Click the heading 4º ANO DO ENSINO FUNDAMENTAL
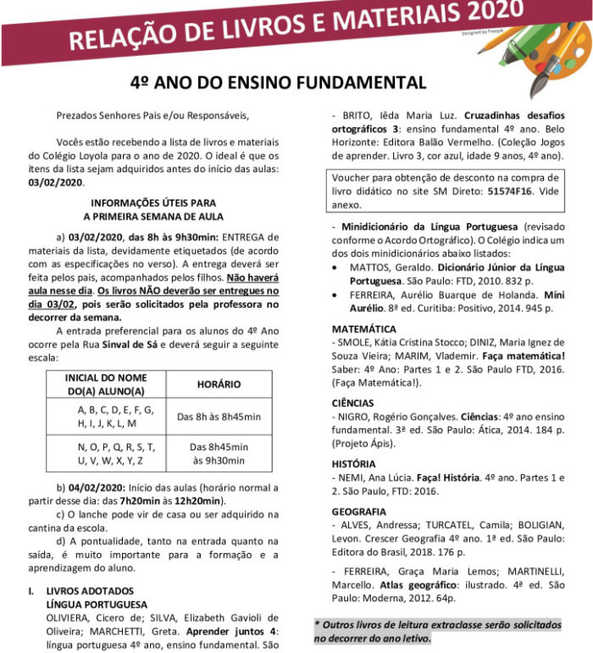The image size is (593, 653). pyautogui.click(x=277, y=82)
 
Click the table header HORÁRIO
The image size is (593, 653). pyautogui.click(x=219, y=383)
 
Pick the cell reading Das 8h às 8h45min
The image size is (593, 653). pyautogui.click(x=219, y=416)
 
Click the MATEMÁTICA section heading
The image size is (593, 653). pyautogui.click(x=365, y=327)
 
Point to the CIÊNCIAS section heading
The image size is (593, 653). pyautogui.click(x=356, y=405)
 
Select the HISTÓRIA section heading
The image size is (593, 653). pyautogui.click(x=355, y=464)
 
